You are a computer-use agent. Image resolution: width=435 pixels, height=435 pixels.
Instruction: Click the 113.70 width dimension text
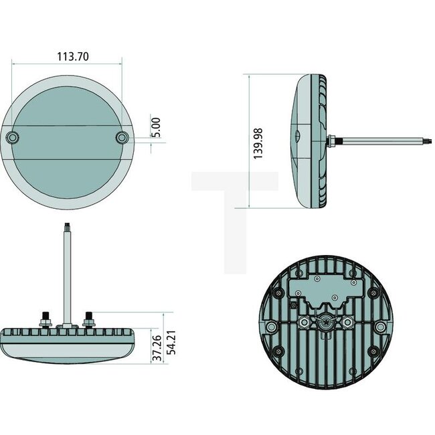[x=67, y=56]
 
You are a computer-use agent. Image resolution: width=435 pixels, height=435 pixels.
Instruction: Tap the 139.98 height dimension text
[x=258, y=142]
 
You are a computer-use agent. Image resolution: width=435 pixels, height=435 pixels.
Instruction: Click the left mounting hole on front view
[x=13, y=137]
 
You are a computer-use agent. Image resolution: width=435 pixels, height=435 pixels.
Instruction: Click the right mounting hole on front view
[x=121, y=137]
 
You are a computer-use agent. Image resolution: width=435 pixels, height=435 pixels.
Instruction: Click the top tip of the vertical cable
[x=68, y=226]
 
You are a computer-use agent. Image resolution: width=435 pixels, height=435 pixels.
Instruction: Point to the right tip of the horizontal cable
[x=428, y=140]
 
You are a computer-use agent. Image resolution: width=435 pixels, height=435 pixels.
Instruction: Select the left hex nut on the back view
[x=304, y=323]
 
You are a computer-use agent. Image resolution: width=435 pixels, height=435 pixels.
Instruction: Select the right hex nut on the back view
[x=347, y=323]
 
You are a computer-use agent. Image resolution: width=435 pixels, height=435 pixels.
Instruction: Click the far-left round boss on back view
[x=271, y=327]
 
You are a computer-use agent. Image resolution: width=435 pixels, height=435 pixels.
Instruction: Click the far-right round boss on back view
[x=380, y=327]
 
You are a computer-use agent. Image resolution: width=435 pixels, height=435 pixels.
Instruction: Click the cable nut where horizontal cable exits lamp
[x=333, y=140]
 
